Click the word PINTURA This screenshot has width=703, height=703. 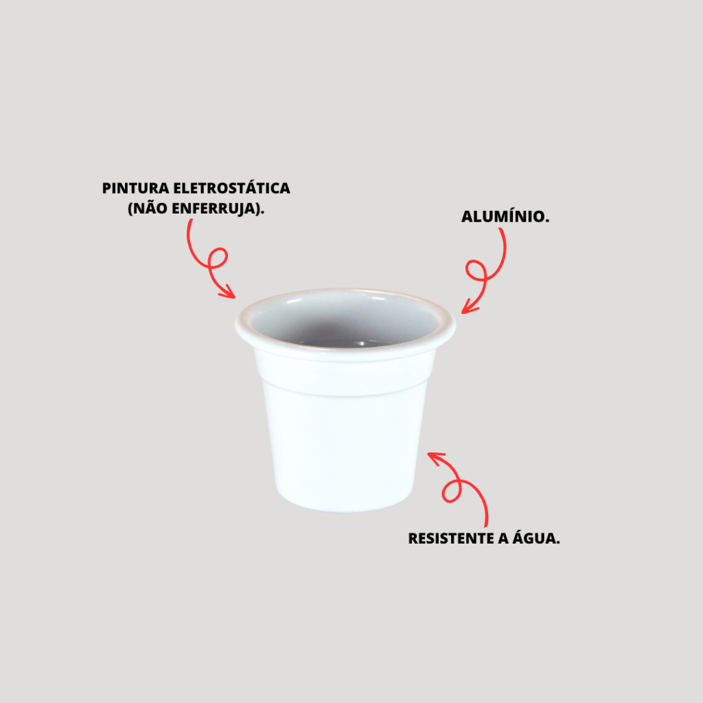[x=135, y=188]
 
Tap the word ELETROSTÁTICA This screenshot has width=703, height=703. [x=232, y=187]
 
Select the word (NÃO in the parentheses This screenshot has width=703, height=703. [x=148, y=208]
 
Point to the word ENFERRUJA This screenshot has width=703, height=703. [x=214, y=209]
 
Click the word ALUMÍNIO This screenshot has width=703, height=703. [x=503, y=216]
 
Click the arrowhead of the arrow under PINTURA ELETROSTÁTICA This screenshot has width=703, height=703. [x=227, y=292]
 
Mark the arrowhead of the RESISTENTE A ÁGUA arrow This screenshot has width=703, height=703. [x=436, y=458]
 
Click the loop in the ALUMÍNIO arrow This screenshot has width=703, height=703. [x=476, y=271]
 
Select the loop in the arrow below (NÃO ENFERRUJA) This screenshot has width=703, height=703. [x=218, y=258]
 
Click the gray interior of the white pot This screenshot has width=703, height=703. [x=345, y=319]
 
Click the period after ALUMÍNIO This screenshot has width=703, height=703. [x=546, y=221]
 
